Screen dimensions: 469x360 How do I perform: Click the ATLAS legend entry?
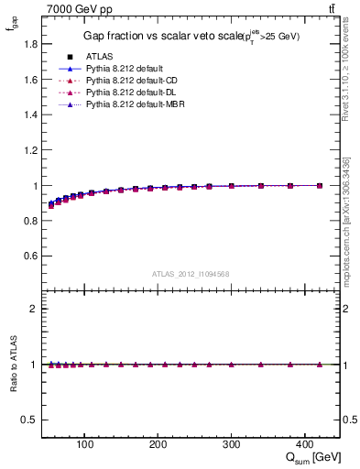(x=99, y=56)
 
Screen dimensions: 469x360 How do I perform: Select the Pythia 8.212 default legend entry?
(x=125, y=69)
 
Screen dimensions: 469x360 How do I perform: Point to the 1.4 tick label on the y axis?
(x=30, y=115)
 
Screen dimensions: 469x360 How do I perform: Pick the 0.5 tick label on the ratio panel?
(x=30, y=420)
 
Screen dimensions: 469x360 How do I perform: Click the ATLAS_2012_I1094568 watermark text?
(x=191, y=274)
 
